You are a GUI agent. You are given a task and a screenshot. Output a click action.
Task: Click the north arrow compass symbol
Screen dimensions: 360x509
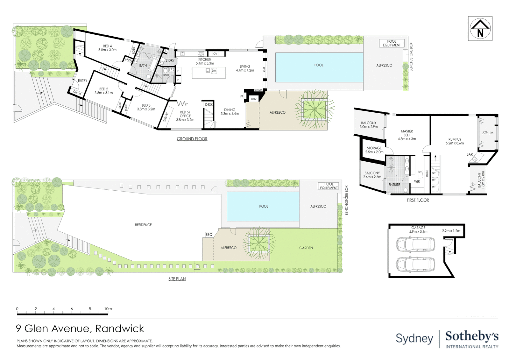(x=480, y=29)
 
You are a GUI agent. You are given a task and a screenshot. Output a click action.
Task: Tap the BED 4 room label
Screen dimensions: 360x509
(x=107, y=48)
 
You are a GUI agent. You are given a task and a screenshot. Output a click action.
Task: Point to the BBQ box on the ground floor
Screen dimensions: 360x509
(x=254, y=99)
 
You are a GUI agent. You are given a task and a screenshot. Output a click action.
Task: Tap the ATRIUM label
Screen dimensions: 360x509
(x=488, y=133)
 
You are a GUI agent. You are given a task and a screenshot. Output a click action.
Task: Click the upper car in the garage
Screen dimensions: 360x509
(x=415, y=244)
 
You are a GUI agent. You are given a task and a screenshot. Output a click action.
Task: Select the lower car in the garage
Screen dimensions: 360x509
(x=415, y=264)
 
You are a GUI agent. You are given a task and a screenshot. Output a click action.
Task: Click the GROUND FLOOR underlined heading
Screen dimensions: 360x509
(x=192, y=139)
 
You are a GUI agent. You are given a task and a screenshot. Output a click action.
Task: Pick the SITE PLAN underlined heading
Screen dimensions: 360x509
(x=177, y=279)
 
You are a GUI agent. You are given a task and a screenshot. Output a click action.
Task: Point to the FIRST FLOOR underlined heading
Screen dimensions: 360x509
(x=418, y=200)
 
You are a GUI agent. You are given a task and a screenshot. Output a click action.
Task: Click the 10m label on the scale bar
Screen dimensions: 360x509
(x=108, y=309)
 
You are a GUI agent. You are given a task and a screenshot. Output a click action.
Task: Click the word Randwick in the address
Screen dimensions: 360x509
(x=120, y=329)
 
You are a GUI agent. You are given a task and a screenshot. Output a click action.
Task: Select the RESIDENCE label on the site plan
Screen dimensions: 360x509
(x=143, y=225)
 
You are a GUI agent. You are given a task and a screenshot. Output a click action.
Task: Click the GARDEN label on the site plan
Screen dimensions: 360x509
(x=306, y=248)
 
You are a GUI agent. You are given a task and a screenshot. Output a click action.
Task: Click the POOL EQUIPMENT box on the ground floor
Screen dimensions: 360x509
(x=392, y=43)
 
